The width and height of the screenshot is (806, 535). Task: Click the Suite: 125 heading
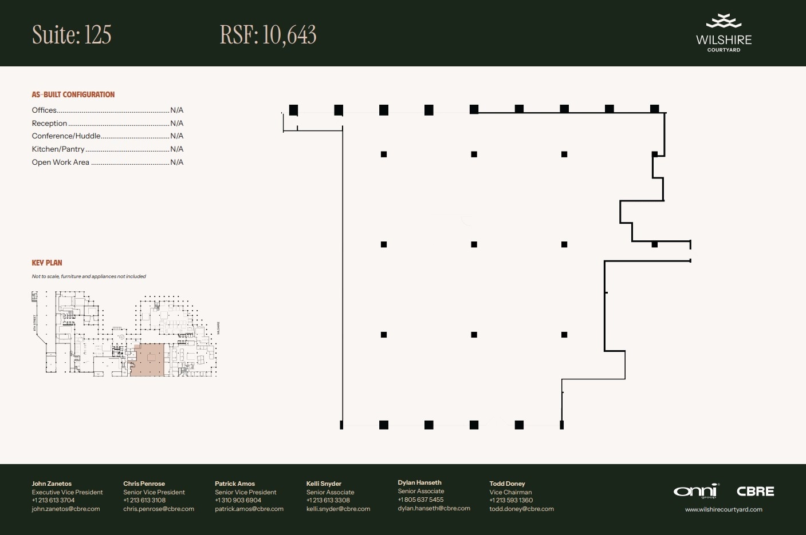point(72,35)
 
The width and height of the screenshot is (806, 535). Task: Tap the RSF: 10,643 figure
point(268,35)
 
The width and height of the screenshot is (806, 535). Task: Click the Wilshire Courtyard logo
point(724,34)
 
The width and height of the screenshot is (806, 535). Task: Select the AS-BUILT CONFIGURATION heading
point(73,94)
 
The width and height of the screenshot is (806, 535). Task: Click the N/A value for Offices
point(176,110)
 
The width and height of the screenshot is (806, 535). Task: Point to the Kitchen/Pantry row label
point(58,149)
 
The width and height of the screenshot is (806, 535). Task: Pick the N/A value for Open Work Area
point(176,162)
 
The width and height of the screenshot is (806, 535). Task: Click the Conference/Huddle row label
point(66,136)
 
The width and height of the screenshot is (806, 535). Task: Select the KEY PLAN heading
point(47,263)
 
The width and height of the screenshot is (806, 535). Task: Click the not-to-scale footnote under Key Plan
point(89,276)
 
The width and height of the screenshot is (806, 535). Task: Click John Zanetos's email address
point(66,509)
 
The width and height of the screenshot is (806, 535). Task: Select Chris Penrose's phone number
point(144,500)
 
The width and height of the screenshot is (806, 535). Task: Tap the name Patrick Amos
point(235,484)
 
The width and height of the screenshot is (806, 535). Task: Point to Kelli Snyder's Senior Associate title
point(330,492)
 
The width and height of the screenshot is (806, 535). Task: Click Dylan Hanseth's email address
point(434,508)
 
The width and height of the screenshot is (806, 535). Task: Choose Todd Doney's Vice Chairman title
point(510,492)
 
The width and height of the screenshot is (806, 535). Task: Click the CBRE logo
point(755,492)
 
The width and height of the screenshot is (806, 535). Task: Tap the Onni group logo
point(695,492)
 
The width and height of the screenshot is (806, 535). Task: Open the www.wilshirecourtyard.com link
point(724,509)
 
